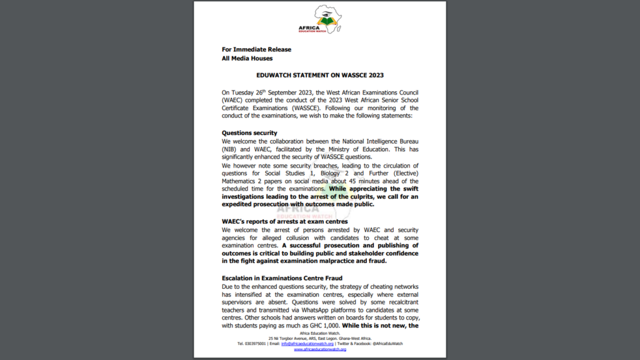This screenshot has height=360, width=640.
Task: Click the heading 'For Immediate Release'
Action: click(256, 49)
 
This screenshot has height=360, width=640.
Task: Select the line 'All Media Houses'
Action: click(247, 59)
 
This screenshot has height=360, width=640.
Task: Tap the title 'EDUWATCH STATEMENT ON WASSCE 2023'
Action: click(319, 75)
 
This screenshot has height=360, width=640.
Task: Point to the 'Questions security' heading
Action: click(249, 133)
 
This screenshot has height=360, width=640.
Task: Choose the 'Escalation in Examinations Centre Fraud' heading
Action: click(281, 277)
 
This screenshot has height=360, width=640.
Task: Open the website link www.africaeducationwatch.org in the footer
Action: click(319, 349)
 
